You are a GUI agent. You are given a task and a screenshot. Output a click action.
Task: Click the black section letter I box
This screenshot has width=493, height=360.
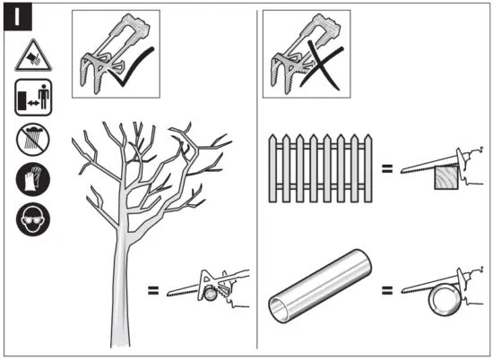point(18,17)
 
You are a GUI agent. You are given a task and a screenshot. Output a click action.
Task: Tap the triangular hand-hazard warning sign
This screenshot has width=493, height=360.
point(33,56)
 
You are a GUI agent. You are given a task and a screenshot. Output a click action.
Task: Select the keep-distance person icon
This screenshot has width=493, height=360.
point(33,97)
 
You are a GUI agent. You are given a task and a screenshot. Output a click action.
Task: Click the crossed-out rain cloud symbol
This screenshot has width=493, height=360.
point(33,140)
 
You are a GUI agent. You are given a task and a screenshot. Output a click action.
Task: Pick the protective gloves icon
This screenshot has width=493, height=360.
point(33,179)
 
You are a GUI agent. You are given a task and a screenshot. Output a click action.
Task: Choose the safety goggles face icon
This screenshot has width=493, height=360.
point(33,219)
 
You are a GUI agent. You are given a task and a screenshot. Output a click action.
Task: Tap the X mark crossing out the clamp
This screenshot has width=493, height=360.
point(321,64)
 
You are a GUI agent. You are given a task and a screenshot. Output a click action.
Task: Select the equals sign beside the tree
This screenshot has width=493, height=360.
point(153,290)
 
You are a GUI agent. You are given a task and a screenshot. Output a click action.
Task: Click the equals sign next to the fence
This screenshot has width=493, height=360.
point(387,168)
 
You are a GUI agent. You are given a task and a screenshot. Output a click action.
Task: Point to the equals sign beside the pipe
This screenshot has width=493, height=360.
point(387,290)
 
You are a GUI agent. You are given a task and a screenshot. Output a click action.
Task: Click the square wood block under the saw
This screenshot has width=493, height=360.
point(446,177)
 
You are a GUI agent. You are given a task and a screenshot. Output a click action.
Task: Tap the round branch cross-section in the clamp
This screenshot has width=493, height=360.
point(210,295)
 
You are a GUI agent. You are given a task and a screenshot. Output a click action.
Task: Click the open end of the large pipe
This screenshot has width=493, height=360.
point(279,310)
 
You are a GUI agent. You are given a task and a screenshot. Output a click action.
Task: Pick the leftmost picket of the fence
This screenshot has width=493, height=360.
point(272,168)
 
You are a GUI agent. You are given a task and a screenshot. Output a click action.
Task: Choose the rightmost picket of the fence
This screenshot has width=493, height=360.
point(368,168)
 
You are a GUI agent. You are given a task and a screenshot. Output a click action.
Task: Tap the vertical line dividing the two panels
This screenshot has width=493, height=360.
point(257,179)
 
